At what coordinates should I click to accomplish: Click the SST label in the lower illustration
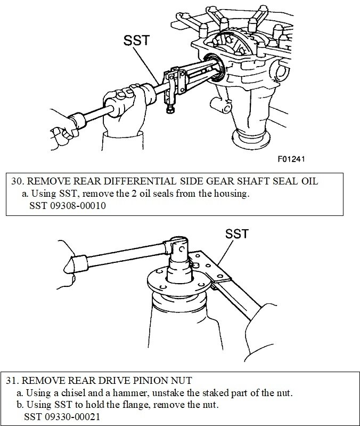tap(236, 234)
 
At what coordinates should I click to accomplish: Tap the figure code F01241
tap(290, 159)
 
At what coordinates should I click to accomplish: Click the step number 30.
tap(16, 181)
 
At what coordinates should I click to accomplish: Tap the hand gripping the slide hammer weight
tap(127, 98)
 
